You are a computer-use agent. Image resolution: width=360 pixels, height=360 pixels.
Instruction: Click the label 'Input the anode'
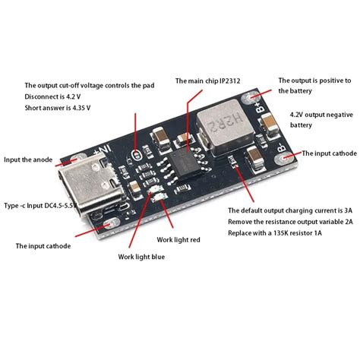point(28,159)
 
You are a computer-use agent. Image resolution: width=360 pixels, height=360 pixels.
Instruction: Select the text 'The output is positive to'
point(314,80)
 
